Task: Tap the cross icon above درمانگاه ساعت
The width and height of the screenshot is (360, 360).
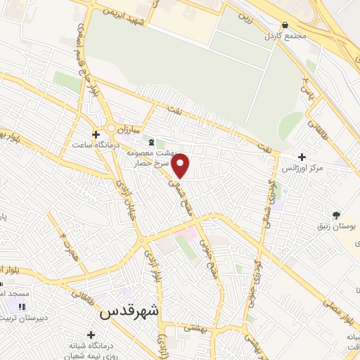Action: (96, 134)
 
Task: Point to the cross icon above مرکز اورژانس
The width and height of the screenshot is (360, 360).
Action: (302, 157)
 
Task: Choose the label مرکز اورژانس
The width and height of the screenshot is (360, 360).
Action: (302, 169)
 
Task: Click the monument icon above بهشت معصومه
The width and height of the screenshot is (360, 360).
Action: (153, 143)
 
